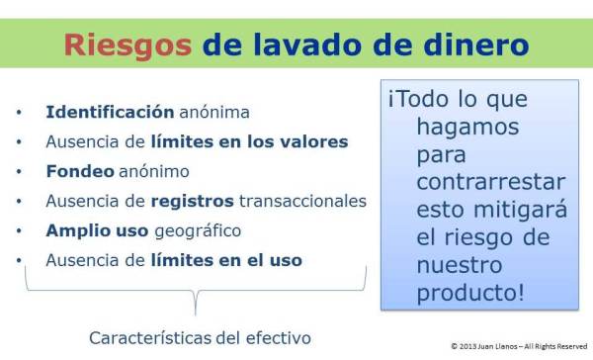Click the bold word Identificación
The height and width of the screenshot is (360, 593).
pyautogui.click(x=110, y=112)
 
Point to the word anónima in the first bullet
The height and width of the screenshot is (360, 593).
pyautogui.click(x=213, y=112)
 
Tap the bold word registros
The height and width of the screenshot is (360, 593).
pyautogui.click(x=192, y=201)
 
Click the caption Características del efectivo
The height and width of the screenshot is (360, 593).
pyautogui.click(x=201, y=337)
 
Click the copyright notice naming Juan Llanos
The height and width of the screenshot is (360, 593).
pyautogui.click(x=519, y=347)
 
